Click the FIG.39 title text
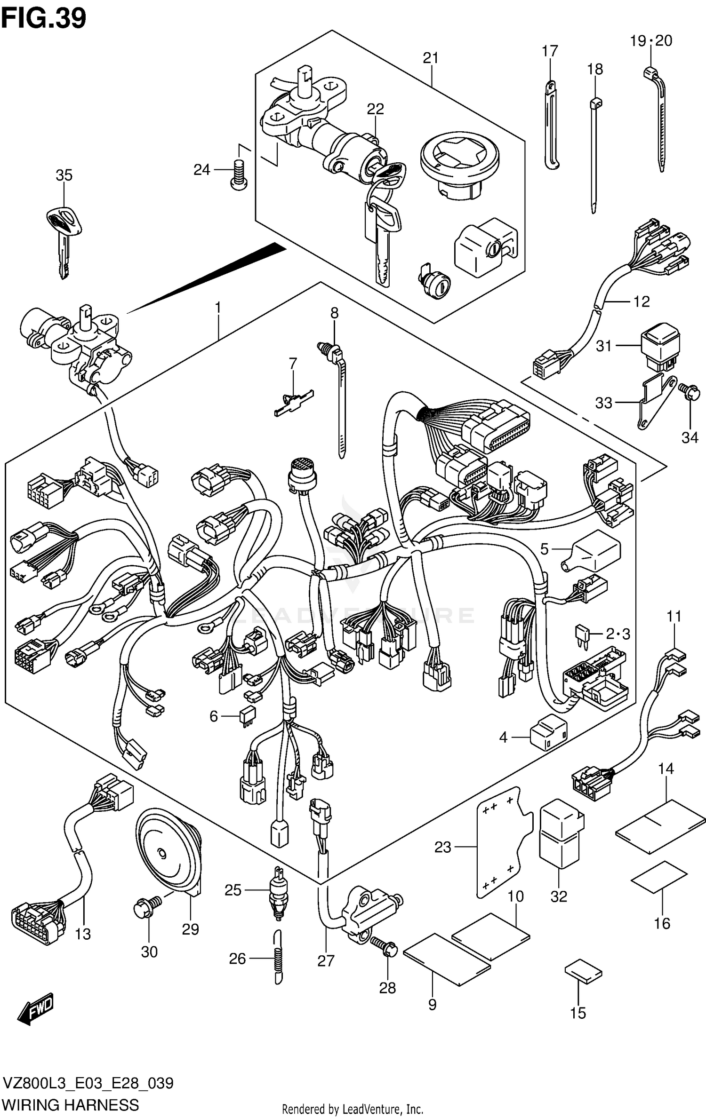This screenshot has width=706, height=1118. click(x=44, y=19)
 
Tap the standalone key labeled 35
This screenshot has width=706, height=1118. click(x=64, y=235)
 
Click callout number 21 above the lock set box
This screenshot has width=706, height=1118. click(x=430, y=58)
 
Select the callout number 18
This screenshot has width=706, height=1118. click(x=595, y=69)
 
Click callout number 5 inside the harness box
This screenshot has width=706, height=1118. click(x=544, y=549)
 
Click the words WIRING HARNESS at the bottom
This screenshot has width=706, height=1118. click(x=70, y=1105)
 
